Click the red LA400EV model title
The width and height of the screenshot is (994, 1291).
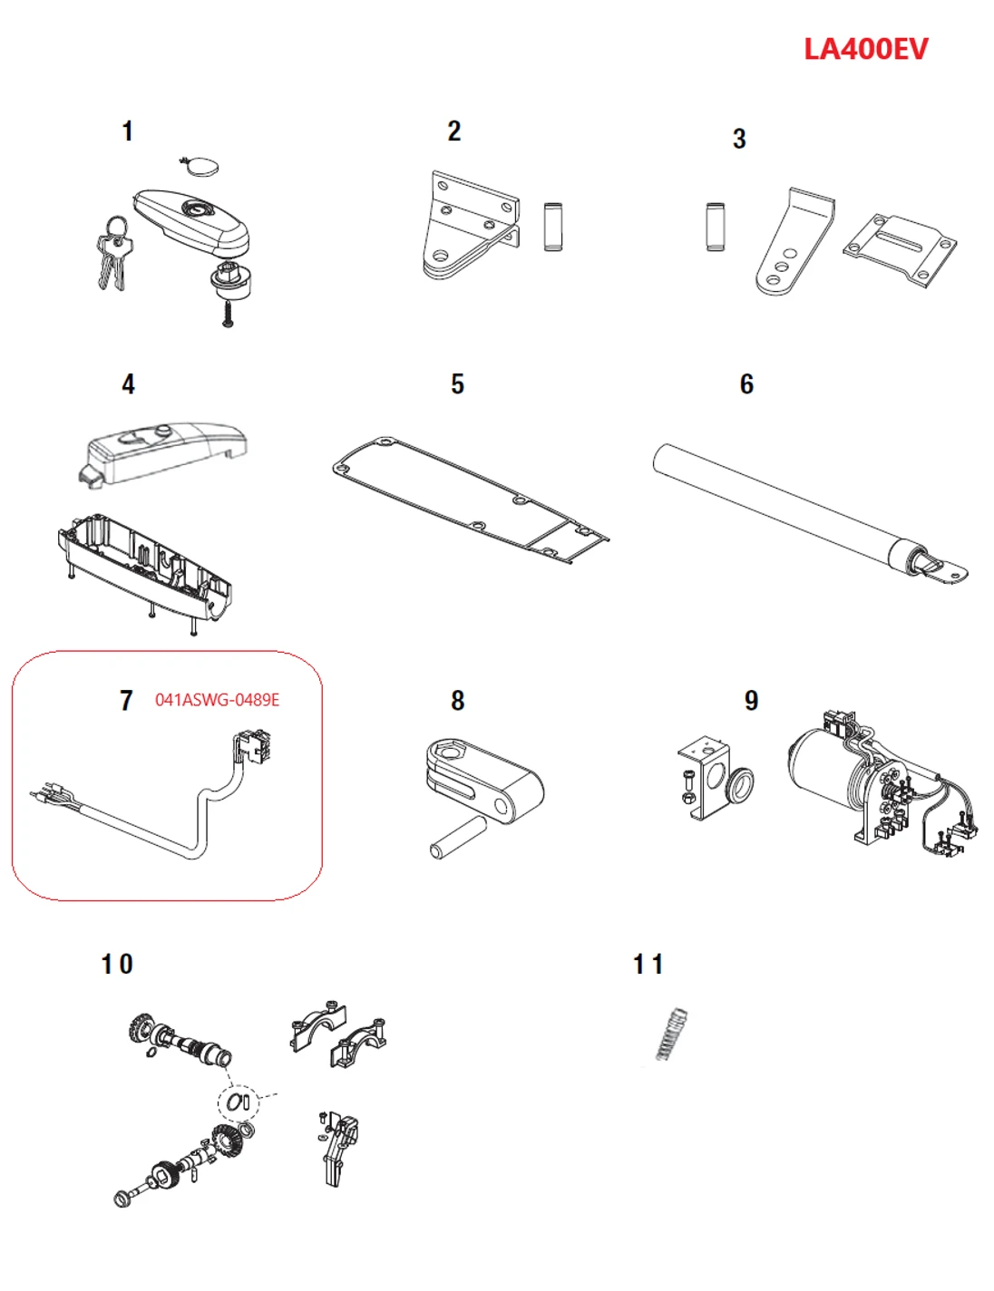(865, 49)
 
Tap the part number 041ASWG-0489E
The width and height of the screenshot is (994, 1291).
(217, 700)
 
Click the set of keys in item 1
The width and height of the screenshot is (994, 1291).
(114, 254)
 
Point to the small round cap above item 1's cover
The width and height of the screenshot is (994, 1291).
(200, 167)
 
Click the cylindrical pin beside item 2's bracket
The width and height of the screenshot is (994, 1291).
(552, 226)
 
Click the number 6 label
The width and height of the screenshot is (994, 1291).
(746, 384)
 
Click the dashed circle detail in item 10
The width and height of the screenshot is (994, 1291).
(239, 1102)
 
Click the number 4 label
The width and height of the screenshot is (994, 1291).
(128, 384)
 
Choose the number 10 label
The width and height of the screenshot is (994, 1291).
(117, 965)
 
